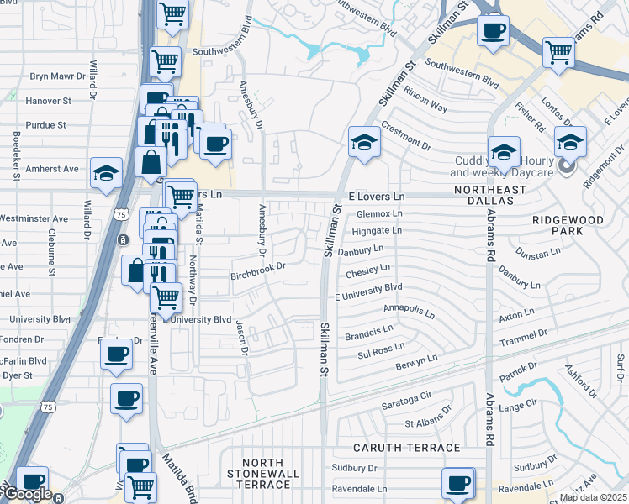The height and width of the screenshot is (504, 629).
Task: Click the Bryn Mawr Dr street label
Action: pyautogui.click(x=59, y=76)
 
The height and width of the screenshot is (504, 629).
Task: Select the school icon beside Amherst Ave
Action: pyautogui.click(x=107, y=174)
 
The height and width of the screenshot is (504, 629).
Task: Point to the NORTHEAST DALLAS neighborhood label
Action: pyautogui.click(x=489, y=190)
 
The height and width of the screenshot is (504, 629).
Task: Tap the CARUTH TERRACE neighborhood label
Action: pyautogui.click(x=407, y=449)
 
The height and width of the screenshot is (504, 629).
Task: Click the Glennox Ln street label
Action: pyautogui.click(x=379, y=214)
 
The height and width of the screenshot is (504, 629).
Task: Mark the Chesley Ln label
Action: pyautogui.click(x=367, y=271)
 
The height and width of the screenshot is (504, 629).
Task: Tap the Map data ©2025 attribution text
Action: pyautogui.click(x=593, y=497)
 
